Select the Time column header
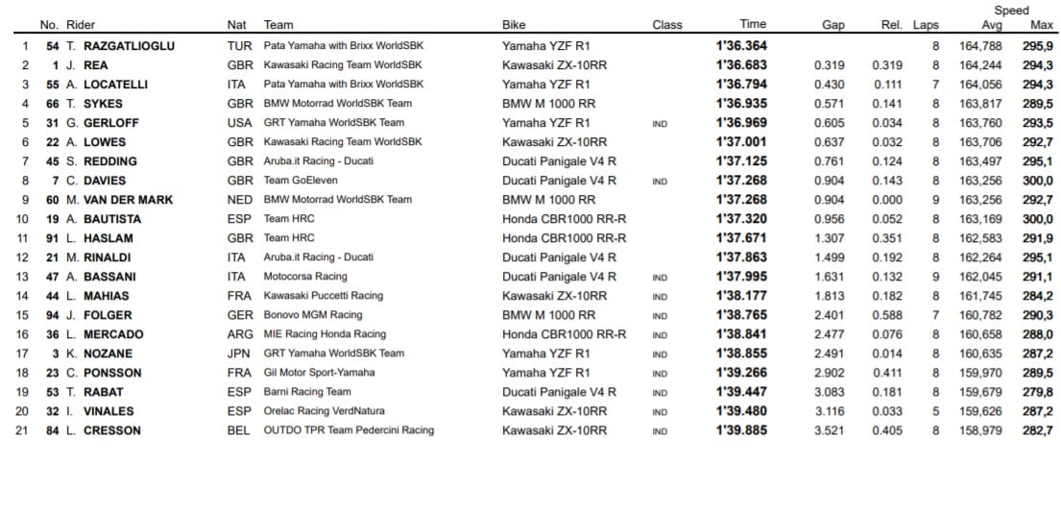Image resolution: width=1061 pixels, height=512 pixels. (753, 25)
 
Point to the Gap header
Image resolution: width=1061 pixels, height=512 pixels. (833, 25)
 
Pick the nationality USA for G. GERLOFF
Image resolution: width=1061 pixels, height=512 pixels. (240, 122)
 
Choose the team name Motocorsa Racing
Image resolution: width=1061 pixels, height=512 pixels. (305, 277)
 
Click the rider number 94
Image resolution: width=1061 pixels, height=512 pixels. (54, 315)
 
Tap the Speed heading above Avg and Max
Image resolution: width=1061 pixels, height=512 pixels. (1010, 11)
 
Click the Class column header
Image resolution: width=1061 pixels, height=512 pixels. (667, 25)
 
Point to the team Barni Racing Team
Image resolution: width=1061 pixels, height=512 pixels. (307, 392)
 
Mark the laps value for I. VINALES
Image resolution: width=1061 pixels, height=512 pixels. (935, 411)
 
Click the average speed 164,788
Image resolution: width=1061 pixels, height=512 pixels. (980, 45)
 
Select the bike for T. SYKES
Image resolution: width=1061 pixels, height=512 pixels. (548, 103)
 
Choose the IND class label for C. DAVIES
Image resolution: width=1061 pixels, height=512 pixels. (660, 181)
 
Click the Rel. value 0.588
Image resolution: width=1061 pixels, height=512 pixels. (887, 315)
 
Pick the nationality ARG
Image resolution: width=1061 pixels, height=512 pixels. (240, 334)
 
